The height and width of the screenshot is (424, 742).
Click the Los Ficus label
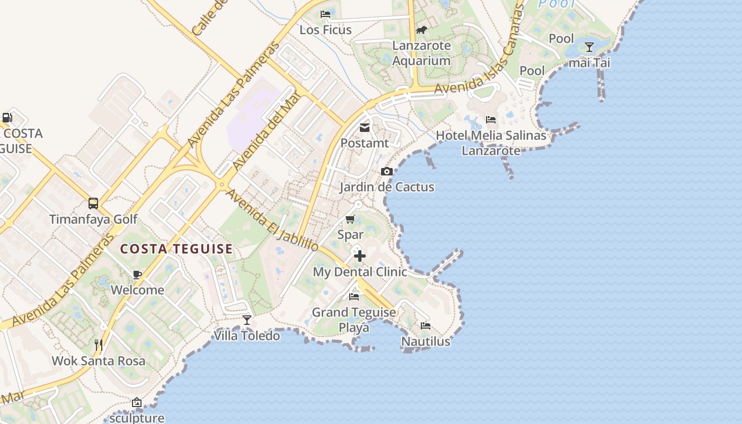(325, 30)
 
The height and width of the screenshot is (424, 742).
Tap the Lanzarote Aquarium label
(421, 53)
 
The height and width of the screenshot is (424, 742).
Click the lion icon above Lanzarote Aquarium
(421, 30)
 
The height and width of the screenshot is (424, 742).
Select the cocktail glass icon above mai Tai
(589, 47)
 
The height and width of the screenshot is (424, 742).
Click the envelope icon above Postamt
(365, 127)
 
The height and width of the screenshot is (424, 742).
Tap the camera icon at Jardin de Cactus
(387, 171)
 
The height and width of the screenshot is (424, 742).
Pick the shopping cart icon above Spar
(350, 219)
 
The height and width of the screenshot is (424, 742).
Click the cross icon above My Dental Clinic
(360, 257)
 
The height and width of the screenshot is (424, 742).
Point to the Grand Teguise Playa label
(354, 320)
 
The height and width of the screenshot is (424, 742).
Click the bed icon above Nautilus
(426, 325)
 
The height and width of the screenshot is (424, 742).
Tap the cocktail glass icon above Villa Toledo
(246, 320)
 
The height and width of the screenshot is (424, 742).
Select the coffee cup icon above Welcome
(137, 274)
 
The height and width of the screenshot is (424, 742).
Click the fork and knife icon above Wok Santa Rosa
(98, 344)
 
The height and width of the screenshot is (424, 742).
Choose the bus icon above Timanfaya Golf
(93, 203)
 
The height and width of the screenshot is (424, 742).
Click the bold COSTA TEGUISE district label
(176, 249)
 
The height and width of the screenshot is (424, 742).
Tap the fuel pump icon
(7, 117)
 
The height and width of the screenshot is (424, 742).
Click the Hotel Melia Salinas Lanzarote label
(491, 143)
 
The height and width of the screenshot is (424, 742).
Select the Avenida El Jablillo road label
(272, 221)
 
